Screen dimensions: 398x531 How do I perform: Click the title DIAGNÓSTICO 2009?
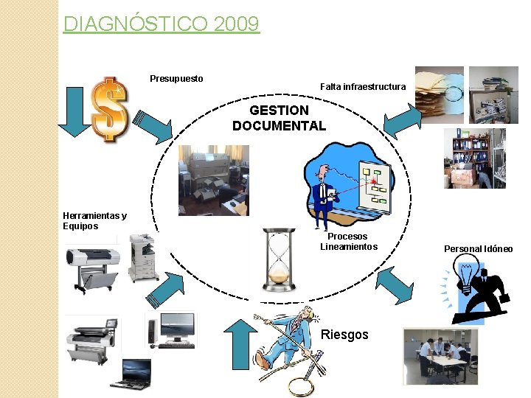pyautogui.click(x=162, y=24)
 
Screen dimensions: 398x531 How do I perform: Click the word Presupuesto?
pyautogui.click(x=176, y=78)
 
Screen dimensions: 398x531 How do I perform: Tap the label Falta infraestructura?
pyautogui.click(x=363, y=87)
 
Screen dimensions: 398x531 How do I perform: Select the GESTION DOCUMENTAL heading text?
pyautogui.click(x=279, y=118)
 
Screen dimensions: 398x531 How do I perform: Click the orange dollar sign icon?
pyautogui.click(x=110, y=108)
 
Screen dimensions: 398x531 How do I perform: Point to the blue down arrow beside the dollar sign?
pyautogui.click(x=74, y=111)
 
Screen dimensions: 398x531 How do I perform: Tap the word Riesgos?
pyautogui.click(x=345, y=335)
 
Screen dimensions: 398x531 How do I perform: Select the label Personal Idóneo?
pyautogui.click(x=478, y=249)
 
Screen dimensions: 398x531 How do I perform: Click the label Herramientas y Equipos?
pyautogui.click(x=94, y=220)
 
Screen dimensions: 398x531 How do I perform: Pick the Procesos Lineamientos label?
pyautogui.click(x=348, y=242)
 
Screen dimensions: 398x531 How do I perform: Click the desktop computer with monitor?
pyautogui.click(x=173, y=329)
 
